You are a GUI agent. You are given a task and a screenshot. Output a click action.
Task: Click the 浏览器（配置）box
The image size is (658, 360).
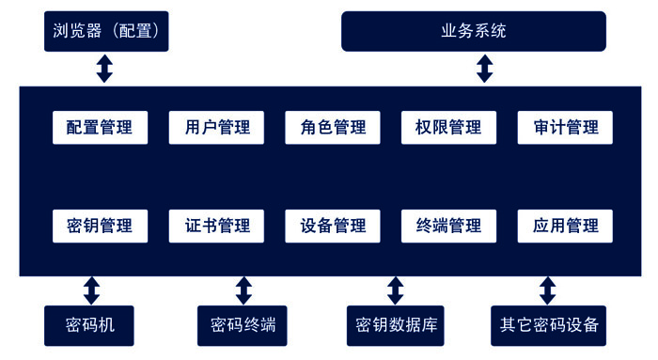(105, 31)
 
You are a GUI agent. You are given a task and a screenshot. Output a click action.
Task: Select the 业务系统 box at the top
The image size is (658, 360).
(473, 31)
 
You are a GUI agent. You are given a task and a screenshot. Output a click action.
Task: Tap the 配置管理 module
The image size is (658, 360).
(100, 127)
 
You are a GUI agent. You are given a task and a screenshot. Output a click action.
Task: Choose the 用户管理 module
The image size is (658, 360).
(216, 127)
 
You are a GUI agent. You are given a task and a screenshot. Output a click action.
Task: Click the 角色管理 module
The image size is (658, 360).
(333, 127)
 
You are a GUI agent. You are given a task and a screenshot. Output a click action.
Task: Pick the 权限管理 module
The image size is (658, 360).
(448, 127)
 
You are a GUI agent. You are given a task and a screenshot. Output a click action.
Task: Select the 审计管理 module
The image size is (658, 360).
(565, 127)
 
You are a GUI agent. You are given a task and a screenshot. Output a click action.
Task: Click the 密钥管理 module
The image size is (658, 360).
(100, 226)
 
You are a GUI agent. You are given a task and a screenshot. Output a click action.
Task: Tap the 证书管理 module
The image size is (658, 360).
(216, 226)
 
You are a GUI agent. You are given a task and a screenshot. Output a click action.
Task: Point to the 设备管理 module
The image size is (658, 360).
(333, 226)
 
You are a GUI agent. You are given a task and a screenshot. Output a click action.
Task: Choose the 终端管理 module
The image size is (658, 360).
(448, 226)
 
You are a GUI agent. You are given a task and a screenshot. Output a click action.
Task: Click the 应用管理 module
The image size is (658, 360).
(565, 226)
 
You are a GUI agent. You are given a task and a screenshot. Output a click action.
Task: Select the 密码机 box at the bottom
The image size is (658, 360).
(91, 325)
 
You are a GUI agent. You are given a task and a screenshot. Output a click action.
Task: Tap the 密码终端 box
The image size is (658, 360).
(243, 325)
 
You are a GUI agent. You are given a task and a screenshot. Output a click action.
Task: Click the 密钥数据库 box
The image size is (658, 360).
(395, 325)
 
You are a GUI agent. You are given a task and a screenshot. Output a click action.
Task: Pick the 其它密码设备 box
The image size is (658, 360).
(548, 325)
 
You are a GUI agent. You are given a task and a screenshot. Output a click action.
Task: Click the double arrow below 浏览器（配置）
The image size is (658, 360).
(105, 69)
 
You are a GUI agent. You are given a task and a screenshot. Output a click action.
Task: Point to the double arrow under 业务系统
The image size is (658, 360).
(484, 69)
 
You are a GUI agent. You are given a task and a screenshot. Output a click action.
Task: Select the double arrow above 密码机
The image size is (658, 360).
(91, 290)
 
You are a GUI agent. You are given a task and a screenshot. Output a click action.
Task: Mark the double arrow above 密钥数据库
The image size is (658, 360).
(395, 290)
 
